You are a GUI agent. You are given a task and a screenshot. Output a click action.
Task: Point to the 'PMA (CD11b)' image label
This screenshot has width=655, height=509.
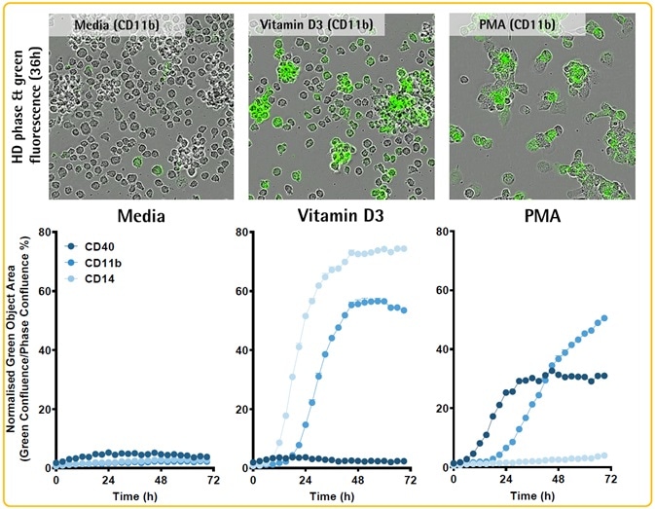click(516, 22)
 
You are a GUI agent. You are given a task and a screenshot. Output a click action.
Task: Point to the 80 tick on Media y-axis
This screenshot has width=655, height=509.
click(43, 232)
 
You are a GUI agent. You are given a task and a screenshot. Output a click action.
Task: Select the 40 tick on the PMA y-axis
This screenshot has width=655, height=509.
click(437, 350)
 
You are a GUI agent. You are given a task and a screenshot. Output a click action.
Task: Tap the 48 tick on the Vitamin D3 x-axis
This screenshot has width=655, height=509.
click(358, 481)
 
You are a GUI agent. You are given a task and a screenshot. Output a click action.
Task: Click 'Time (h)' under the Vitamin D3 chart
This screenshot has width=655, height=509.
click(331, 496)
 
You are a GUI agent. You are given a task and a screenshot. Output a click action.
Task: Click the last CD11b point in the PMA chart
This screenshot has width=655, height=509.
click(605, 317)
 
